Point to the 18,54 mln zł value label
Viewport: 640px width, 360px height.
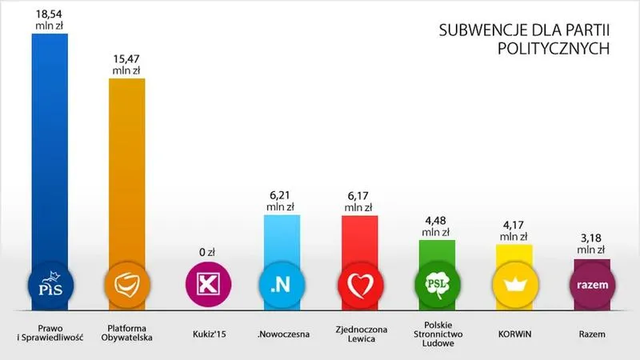coord(50,20)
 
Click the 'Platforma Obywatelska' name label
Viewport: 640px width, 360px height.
coord(128,332)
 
